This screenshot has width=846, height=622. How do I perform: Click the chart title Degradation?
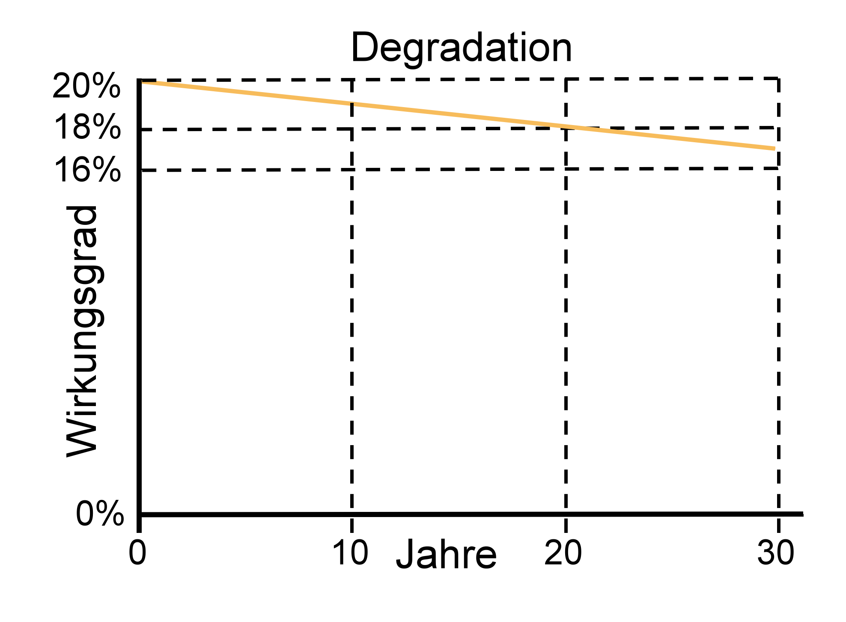pos(461,48)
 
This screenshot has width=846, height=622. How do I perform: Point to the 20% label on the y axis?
pos(86,86)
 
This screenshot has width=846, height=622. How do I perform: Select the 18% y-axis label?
pos(87,127)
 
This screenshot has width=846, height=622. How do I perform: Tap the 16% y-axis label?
pos(87,170)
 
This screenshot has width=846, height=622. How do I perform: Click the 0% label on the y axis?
pos(100,514)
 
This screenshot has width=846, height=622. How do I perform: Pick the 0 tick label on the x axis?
pos(137,553)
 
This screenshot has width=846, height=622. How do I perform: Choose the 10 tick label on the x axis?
pos(350,553)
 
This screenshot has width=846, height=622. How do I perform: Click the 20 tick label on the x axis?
pos(563,553)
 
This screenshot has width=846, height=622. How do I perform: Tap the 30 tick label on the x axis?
pos(776,553)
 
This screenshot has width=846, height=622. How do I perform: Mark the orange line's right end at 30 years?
pos(774,149)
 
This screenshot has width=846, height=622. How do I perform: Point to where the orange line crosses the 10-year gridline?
pos(352,104)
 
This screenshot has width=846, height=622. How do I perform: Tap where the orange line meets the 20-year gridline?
pos(566,127)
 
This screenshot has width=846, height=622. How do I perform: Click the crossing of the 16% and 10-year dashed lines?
pos(352,170)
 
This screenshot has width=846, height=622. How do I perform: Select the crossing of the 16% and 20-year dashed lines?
pos(566,169)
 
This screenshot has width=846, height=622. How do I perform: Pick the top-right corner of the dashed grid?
pos(778,79)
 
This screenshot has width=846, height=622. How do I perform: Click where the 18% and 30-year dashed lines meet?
pos(778,128)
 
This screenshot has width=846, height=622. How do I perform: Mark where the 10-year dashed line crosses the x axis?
pos(352,514)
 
